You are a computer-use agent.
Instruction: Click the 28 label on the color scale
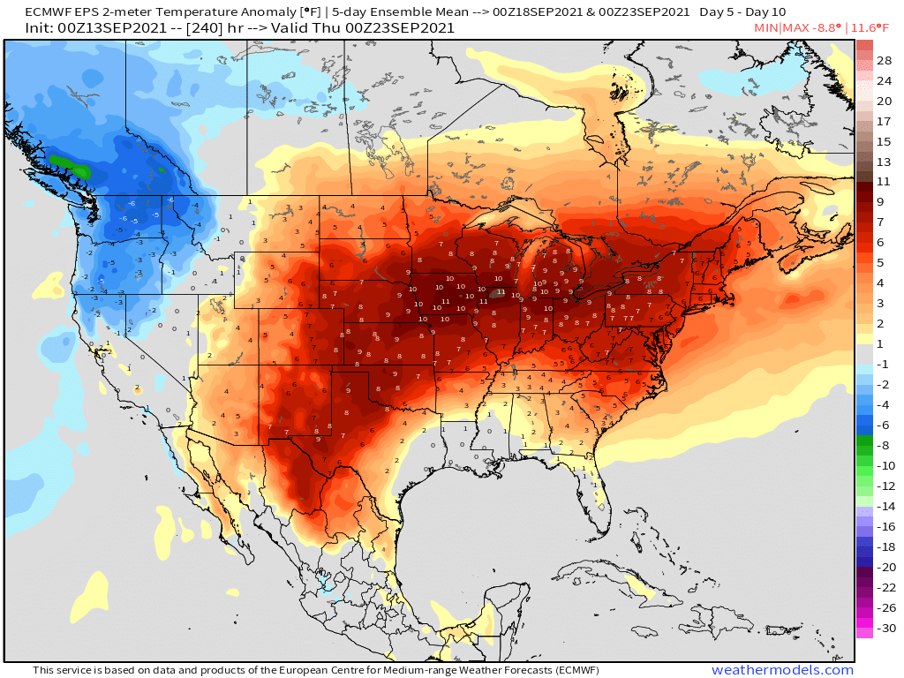tap(884, 61)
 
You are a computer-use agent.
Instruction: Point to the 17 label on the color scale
tap(884, 122)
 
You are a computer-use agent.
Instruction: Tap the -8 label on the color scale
tap(884, 446)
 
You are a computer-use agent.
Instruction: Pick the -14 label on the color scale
tap(884, 507)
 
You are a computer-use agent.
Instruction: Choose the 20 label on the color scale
tap(884, 102)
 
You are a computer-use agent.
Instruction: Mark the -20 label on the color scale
tap(884, 568)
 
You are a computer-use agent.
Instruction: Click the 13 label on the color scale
tap(884, 162)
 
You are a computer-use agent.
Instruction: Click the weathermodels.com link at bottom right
tap(782, 670)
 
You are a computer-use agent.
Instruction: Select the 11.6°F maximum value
tap(873, 28)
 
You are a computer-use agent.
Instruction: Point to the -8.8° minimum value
tap(825, 28)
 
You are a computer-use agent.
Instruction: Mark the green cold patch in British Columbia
tap(69, 164)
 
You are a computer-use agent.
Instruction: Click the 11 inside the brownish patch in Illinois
tap(501, 292)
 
